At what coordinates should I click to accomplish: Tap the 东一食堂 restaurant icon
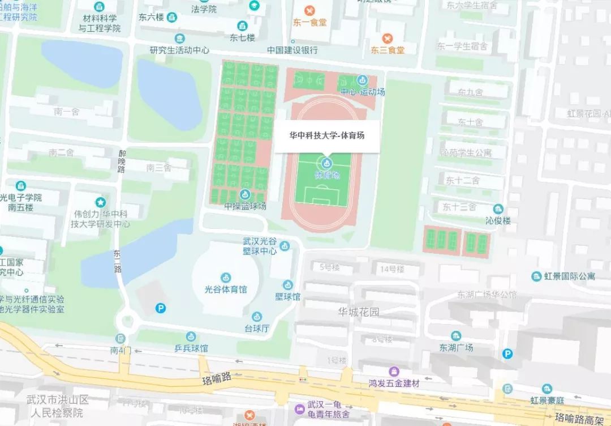tap(309, 10)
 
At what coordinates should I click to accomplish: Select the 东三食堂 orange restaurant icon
tap(388, 39)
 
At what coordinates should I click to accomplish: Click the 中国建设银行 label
tap(292, 50)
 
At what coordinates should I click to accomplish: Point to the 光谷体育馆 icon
tap(226, 278)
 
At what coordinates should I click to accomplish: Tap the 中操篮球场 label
tap(245, 206)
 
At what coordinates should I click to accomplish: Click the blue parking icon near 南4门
tap(161, 308)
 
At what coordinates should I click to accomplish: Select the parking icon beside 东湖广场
tap(508, 353)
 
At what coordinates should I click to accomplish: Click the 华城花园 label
tap(359, 312)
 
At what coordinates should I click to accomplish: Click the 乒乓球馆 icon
tap(191, 336)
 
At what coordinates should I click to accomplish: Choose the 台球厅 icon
tap(257, 316)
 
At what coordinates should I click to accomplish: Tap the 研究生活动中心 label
tap(179, 50)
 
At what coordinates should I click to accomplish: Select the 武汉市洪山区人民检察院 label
tap(58, 407)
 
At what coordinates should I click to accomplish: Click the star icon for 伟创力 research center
tap(100, 202)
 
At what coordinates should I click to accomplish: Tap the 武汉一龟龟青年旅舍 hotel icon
tap(299, 408)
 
